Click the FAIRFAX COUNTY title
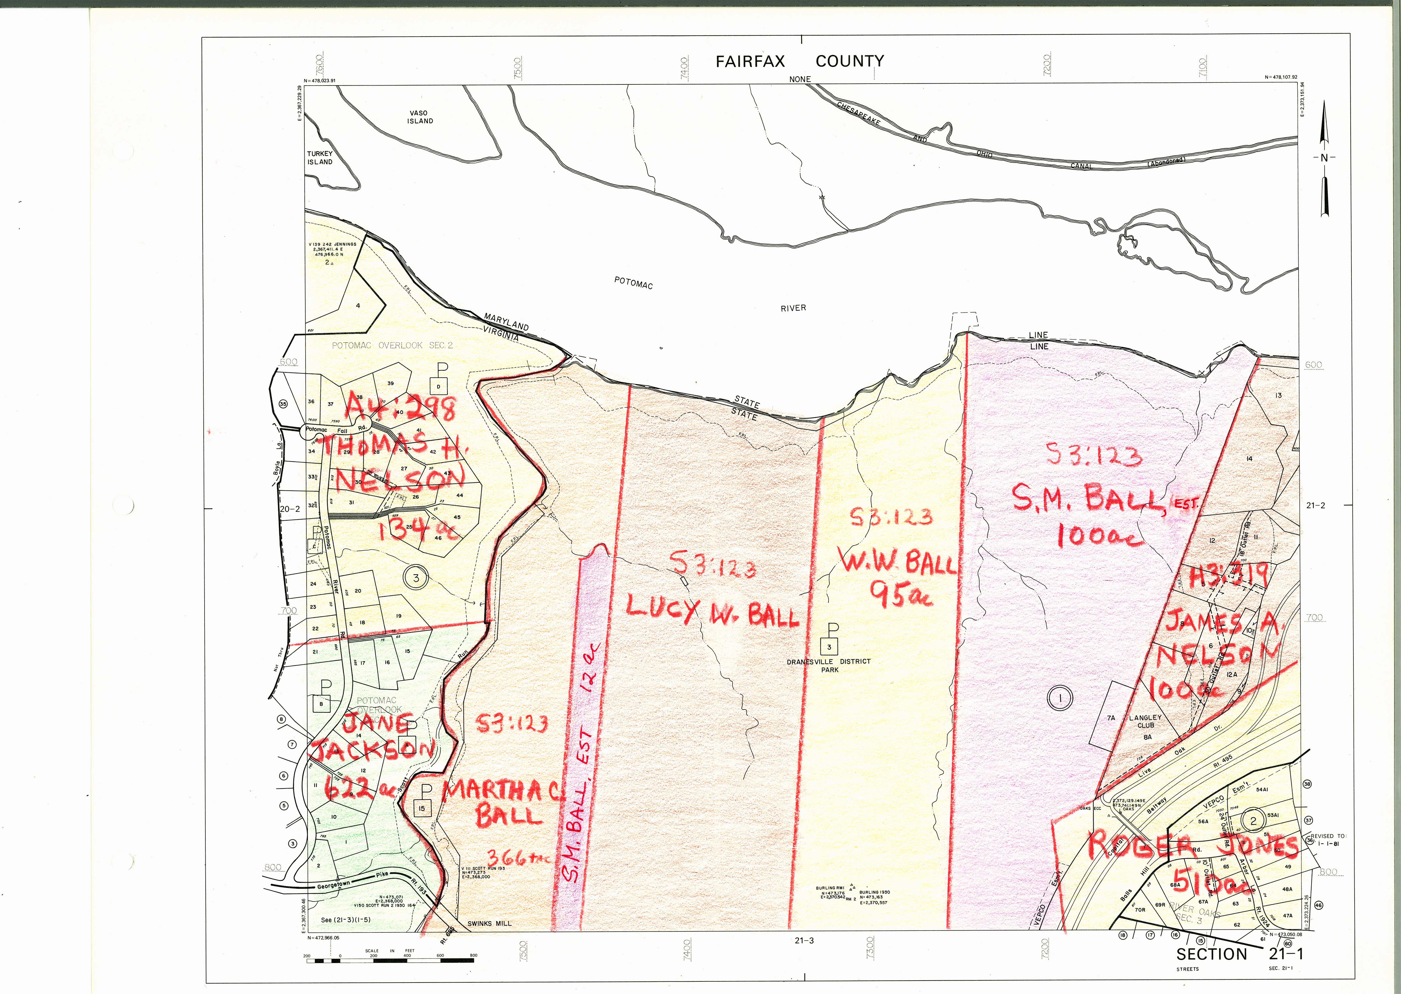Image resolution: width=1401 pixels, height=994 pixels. [800, 61]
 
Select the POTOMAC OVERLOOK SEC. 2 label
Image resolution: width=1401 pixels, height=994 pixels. [392, 345]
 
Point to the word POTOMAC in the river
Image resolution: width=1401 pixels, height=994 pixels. [633, 283]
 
